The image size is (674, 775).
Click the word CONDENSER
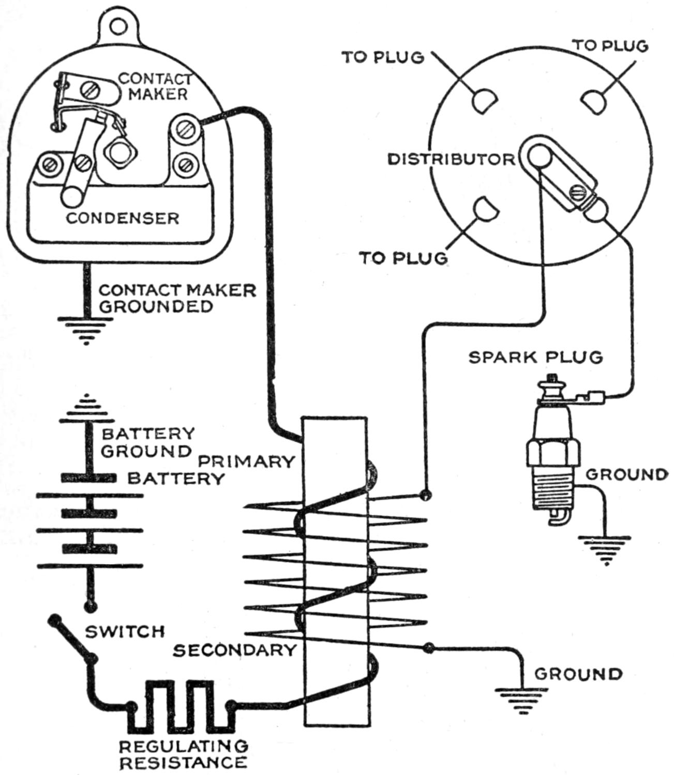(x=122, y=218)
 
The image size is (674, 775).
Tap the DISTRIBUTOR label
(x=452, y=159)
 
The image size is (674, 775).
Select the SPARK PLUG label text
(x=535, y=357)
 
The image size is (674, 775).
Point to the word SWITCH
(x=125, y=631)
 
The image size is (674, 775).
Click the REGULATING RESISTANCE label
(x=184, y=754)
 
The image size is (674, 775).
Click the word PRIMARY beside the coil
(x=247, y=461)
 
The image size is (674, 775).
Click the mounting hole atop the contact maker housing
(x=120, y=24)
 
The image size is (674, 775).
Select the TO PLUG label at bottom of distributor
(x=403, y=257)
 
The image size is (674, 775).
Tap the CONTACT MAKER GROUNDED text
(x=177, y=298)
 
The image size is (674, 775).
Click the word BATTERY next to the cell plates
(x=176, y=478)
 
